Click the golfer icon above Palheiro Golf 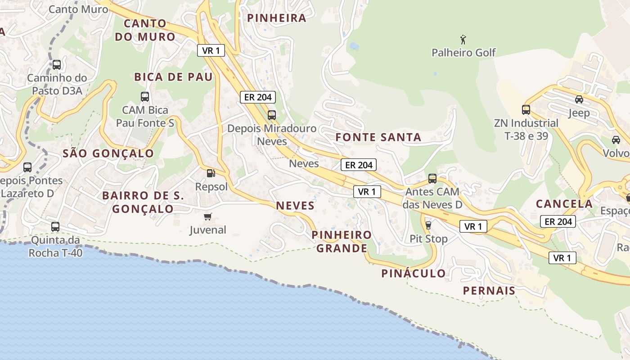(x=463, y=40)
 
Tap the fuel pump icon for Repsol (x=210, y=173)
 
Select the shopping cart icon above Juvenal (x=207, y=217)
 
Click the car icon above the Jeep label (x=579, y=99)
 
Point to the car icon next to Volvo (x=616, y=140)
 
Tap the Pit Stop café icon (x=428, y=225)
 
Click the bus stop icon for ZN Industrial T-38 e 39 (x=526, y=109)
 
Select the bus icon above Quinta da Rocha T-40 (x=55, y=227)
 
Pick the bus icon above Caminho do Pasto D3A (x=57, y=64)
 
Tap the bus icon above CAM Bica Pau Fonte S (x=145, y=96)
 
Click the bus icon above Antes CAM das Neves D (x=432, y=179)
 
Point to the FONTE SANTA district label (x=378, y=138)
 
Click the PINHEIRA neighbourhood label (x=277, y=18)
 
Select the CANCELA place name (x=564, y=204)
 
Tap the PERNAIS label (x=489, y=291)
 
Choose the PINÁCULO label (x=414, y=273)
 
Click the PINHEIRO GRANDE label (x=342, y=242)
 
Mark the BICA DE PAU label (x=173, y=77)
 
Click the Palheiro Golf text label (x=463, y=53)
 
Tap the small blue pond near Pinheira (x=354, y=46)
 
